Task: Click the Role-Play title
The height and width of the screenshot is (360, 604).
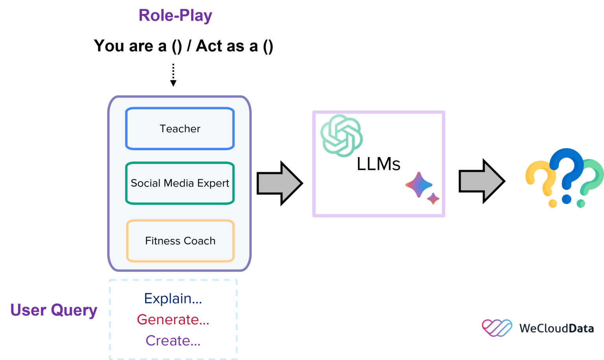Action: [x=175, y=16]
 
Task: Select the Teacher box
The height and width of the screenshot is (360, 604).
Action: [x=180, y=129]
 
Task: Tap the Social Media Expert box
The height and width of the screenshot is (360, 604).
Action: [x=180, y=183]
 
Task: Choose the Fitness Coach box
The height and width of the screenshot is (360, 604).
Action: [x=180, y=241]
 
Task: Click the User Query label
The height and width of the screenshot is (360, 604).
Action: [x=54, y=310]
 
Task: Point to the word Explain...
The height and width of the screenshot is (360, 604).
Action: [x=173, y=299]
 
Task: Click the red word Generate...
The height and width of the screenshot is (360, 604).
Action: [x=173, y=320]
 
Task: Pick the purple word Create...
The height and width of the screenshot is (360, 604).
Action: [x=173, y=340]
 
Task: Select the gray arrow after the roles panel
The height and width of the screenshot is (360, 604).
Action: [x=279, y=183]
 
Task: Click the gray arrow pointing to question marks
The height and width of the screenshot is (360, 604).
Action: [x=481, y=181]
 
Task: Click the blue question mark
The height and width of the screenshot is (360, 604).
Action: [x=567, y=173]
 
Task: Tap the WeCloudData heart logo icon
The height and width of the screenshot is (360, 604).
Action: [x=497, y=328]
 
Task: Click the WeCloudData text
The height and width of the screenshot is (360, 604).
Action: [x=556, y=328]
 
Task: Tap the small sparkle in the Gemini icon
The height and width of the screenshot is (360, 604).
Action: [x=433, y=198]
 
